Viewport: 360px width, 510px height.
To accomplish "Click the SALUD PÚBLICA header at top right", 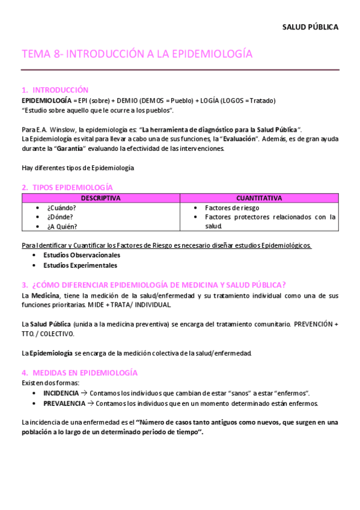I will click(310, 27).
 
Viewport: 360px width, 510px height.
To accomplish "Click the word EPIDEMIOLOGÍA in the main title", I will click(206, 54).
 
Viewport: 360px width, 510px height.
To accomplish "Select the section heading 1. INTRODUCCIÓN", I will click(55, 90).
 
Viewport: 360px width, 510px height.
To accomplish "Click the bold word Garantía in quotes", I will click(70, 149).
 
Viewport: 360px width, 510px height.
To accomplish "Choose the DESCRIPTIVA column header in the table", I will click(100, 198).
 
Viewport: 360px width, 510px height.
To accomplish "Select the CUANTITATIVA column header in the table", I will click(259, 198).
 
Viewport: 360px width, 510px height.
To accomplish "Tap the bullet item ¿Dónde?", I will click(61, 217).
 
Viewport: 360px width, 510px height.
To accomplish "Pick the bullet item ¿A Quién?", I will click(62, 227).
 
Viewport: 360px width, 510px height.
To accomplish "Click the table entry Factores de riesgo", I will click(232, 207).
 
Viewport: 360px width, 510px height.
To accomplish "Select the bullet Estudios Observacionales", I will click(81, 256).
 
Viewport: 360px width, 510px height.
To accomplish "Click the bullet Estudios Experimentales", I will click(80, 265).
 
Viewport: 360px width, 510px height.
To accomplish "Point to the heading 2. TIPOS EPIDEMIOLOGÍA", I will click(67, 188).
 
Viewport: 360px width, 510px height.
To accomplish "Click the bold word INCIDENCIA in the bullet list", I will click(61, 393).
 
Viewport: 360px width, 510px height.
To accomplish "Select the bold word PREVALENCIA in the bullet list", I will click(63, 403).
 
